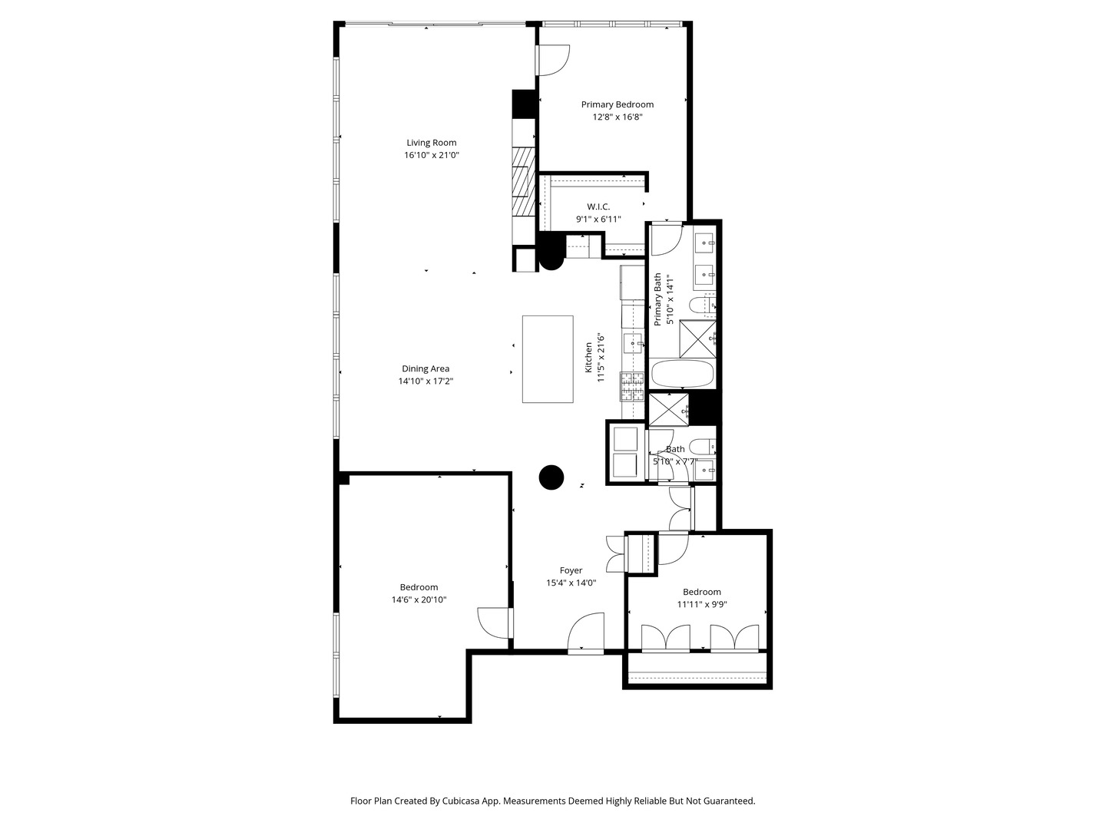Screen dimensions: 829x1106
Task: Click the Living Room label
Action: pyautogui.click(x=431, y=142)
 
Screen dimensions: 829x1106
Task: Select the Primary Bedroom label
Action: pyautogui.click(x=617, y=104)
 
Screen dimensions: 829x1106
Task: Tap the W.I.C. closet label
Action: pyautogui.click(x=598, y=206)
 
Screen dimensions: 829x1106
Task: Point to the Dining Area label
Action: pyautogui.click(x=426, y=368)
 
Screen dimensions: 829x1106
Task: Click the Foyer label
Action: pyautogui.click(x=571, y=570)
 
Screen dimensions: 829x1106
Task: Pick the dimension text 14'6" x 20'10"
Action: pyautogui.click(x=419, y=599)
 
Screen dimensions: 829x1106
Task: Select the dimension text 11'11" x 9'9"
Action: pyautogui.click(x=702, y=604)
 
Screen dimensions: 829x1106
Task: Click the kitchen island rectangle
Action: pyautogui.click(x=548, y=358)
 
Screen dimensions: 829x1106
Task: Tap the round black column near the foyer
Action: pyautogui.click(x=551, y=477)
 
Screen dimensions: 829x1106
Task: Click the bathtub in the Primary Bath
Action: pyautogui.click(x=682, y=375)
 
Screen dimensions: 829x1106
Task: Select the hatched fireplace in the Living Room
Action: pyautogui.click(x=523, y=182)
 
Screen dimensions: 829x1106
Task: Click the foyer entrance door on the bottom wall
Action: pyautogui.click(x=586, y=633)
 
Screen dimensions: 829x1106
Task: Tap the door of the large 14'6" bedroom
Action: pyautogui.click(x=493, y=622)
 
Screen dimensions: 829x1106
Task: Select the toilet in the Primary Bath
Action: pyautogui.click(x=703, y=306)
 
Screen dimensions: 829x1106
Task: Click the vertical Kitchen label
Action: pyautogui.click(x=589, y=358)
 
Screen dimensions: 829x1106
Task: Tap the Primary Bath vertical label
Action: pyautogui.click(x=657, y=299)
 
